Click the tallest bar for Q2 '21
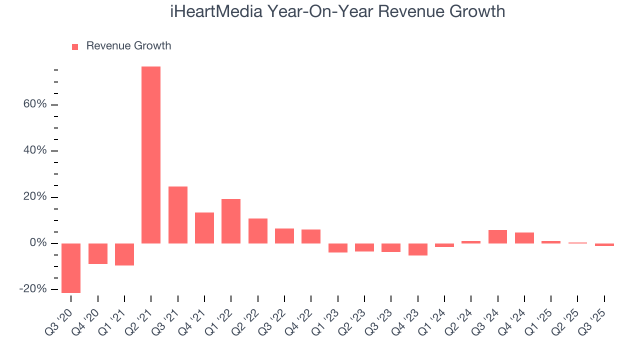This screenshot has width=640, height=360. click(151, 155)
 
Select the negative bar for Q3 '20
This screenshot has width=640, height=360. click(71, 268)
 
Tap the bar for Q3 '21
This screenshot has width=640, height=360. click(178, 215)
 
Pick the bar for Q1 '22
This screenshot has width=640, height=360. click(231, 221)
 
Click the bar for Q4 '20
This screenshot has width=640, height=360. click(98, 253)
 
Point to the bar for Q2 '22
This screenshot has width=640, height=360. click(258, 231)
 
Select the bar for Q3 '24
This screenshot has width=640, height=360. click(498, 236)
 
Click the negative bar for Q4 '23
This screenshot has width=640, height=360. click(418, 249)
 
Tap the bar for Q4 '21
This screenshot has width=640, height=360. click(204, 228)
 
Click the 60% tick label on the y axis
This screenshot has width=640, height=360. click(34, 104)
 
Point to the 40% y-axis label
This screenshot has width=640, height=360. click(34, 150)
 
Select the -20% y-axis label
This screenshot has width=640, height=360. click(33, 289)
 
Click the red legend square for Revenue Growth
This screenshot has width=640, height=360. click(75, 47)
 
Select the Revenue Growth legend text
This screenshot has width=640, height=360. click(128, 46)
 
